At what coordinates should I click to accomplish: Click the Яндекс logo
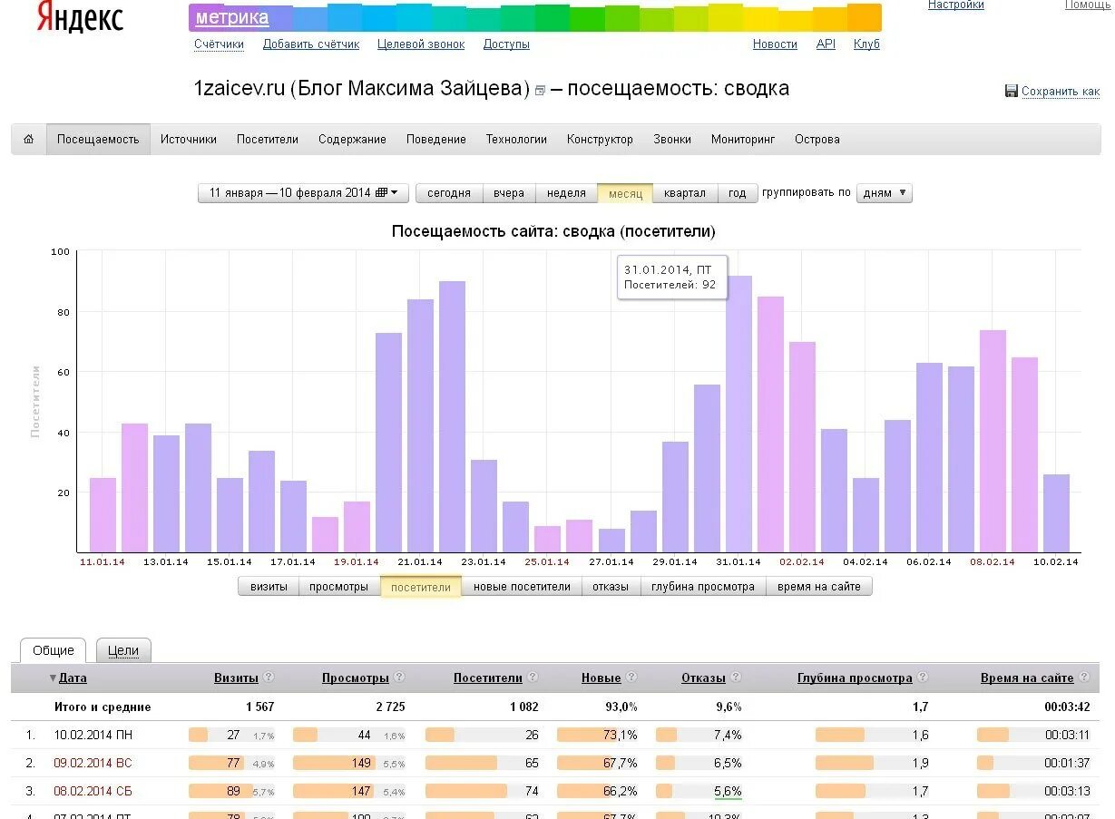[80, 18]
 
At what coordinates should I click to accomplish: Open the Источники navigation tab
[189, 140]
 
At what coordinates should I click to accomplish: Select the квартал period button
[684, 193]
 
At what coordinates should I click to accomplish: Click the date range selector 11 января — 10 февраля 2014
[303, 193]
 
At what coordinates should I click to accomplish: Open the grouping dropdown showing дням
[884, 193]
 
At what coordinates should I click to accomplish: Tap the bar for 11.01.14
[103, 514]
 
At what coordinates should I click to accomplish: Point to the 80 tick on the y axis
[63, 312]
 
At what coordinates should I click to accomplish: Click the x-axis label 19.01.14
[357, 562]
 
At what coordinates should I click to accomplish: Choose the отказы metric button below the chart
[611, 587]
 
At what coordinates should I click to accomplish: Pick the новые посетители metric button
[522, 587]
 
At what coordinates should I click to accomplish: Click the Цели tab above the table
[123, 650]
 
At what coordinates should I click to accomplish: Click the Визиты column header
[236, 678]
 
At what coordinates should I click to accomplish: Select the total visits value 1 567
[259, 707]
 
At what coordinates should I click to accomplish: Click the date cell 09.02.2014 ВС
[93, 763]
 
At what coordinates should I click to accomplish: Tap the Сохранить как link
[1060, 92]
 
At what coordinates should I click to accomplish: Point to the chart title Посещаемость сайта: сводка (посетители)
[553, 232]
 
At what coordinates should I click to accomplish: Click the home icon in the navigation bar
[29, 140]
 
